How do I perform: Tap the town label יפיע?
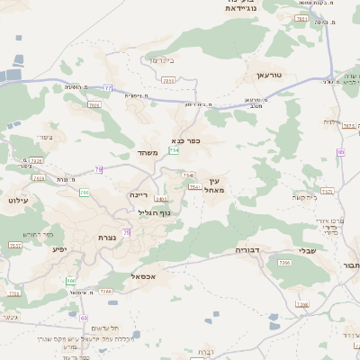59,248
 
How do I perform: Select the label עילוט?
18,200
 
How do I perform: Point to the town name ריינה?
138,194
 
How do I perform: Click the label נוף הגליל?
160,212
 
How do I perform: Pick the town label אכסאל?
143,276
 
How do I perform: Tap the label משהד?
148,152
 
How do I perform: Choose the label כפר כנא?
184,140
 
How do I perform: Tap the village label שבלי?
308,251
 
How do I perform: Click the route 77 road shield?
108,88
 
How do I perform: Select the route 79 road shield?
98,169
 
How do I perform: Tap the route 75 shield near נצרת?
126,233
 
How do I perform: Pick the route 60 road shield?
84,318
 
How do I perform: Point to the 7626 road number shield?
94,105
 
